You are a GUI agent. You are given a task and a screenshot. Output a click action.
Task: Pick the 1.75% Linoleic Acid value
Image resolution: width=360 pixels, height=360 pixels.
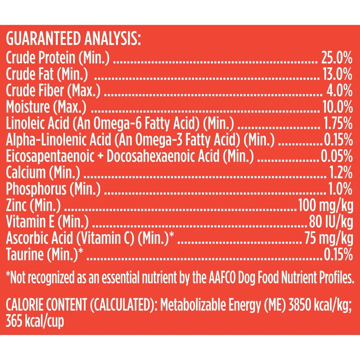[336, 124]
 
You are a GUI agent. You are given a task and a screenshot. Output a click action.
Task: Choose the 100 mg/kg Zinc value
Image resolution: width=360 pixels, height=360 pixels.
[325, 207]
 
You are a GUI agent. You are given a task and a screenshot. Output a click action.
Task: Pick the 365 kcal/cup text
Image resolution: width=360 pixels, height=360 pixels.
[35, 321]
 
